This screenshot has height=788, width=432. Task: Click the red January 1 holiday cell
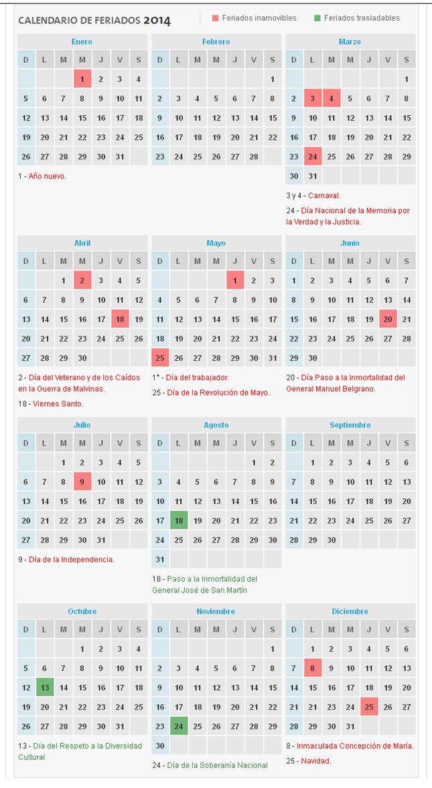(82, 79)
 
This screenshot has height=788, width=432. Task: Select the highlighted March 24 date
(313, 157)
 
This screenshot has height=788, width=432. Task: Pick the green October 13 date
(45, 687)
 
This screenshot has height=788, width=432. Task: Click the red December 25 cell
(369, 707)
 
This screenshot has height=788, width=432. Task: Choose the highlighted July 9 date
(82, 481)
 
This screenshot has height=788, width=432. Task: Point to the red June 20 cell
(388, 319)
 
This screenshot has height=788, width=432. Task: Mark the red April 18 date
(120, 319)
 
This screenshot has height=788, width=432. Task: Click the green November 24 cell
(179, 726)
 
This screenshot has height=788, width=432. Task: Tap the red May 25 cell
(160, 358)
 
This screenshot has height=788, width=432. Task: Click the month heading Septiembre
(350, 425)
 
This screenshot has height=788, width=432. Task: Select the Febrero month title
(216, 42)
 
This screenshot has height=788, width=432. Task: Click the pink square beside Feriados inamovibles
(216, 18)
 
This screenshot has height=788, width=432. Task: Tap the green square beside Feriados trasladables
(317, 18)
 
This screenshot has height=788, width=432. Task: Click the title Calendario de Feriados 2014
(94, 21)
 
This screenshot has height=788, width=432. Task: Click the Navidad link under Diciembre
(315, 761)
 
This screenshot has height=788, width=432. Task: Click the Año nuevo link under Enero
(47, 176)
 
